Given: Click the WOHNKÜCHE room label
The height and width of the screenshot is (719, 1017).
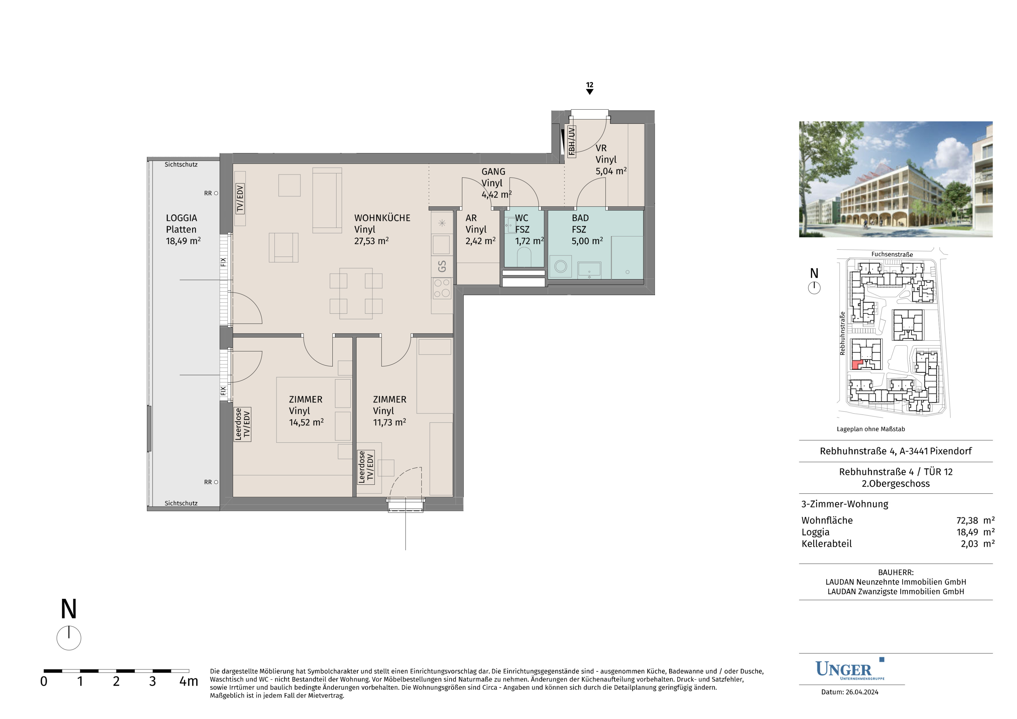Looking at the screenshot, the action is (382, 218).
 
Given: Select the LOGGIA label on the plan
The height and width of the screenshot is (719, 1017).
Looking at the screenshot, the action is (182, 218).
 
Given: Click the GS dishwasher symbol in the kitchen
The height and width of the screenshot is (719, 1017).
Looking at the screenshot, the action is (442, 266).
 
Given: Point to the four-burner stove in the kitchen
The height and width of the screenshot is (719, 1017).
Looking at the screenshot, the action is (442, 288).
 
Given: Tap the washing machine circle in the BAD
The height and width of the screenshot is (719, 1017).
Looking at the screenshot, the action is (561, 266).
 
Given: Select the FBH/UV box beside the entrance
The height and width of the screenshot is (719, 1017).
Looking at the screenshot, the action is (572, 142).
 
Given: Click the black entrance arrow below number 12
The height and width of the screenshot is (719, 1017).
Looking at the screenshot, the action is (590, 92).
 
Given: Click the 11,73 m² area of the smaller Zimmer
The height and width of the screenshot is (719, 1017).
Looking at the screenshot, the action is (389, 422).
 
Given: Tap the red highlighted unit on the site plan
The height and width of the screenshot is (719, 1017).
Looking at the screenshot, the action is (856, 365).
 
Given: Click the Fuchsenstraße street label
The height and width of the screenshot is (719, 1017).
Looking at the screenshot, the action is (892, 254).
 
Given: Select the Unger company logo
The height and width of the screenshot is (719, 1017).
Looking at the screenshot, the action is (850, 669).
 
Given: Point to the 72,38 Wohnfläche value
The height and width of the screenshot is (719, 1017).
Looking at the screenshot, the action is (967, 521).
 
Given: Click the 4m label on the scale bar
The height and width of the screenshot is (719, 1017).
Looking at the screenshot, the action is (189, 681).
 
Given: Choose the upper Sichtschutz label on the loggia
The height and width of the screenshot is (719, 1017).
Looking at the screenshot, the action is (181, 164).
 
